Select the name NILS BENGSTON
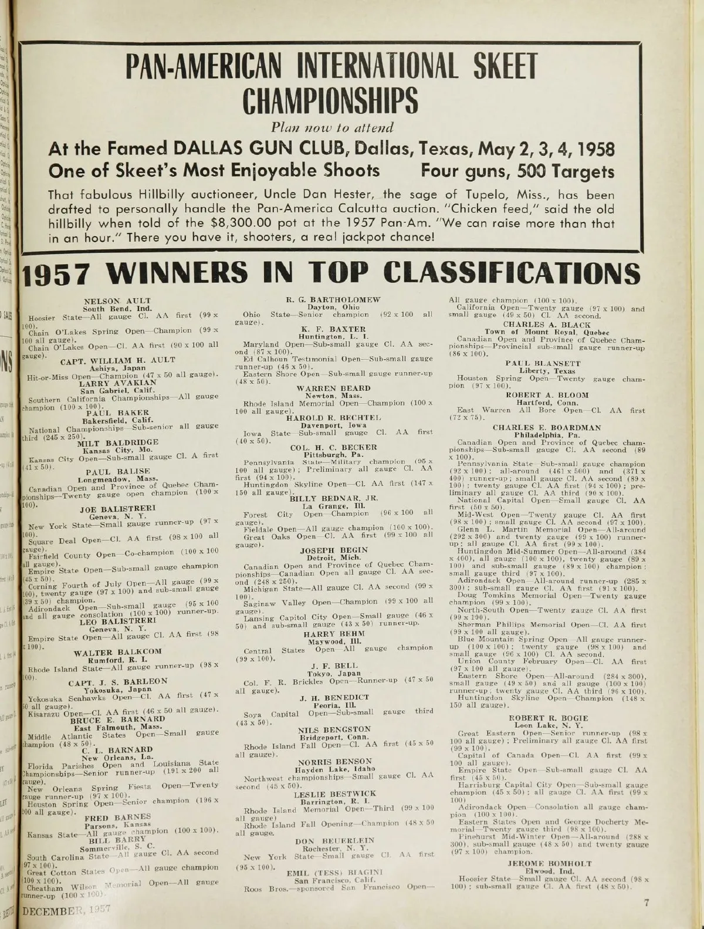point(333,729)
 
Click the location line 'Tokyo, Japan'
point(333,673)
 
